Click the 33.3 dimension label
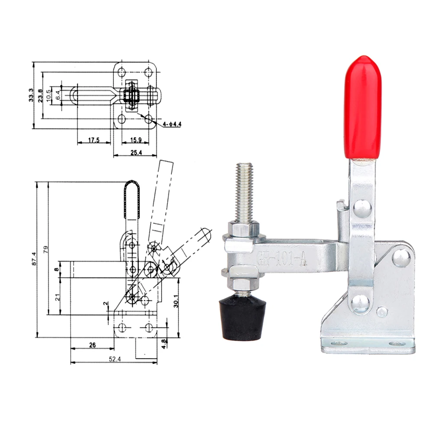click(31, 95)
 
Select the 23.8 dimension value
click(40, 96)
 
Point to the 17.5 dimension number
click(94, 140)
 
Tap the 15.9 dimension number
click(136, 140)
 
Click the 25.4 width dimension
click(136, 152)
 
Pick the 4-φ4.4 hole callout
click(172, 124)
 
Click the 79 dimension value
click(46, 250)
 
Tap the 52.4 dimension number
click(115, 359)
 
